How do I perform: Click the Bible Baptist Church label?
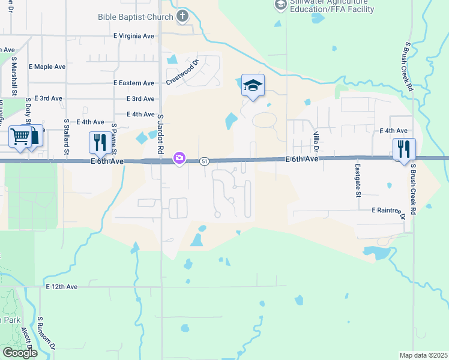pos(136,17)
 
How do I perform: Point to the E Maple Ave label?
pos(47,67)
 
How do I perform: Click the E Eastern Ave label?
pos(133,83)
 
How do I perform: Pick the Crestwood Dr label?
pos(182,73)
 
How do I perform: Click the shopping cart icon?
pos(20,137)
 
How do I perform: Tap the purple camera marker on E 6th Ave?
pos(179,158)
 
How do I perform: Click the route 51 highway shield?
pos(205,161)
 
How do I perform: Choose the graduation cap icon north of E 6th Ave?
pos(253,85)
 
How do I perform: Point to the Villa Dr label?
pos(316,141)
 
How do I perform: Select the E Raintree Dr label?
pos(388,211)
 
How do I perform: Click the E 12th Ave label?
pos(62,287)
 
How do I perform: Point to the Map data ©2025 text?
pos(423,355)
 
